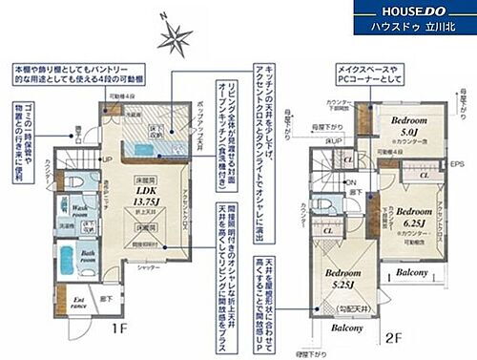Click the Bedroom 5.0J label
[x=409, y=127]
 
